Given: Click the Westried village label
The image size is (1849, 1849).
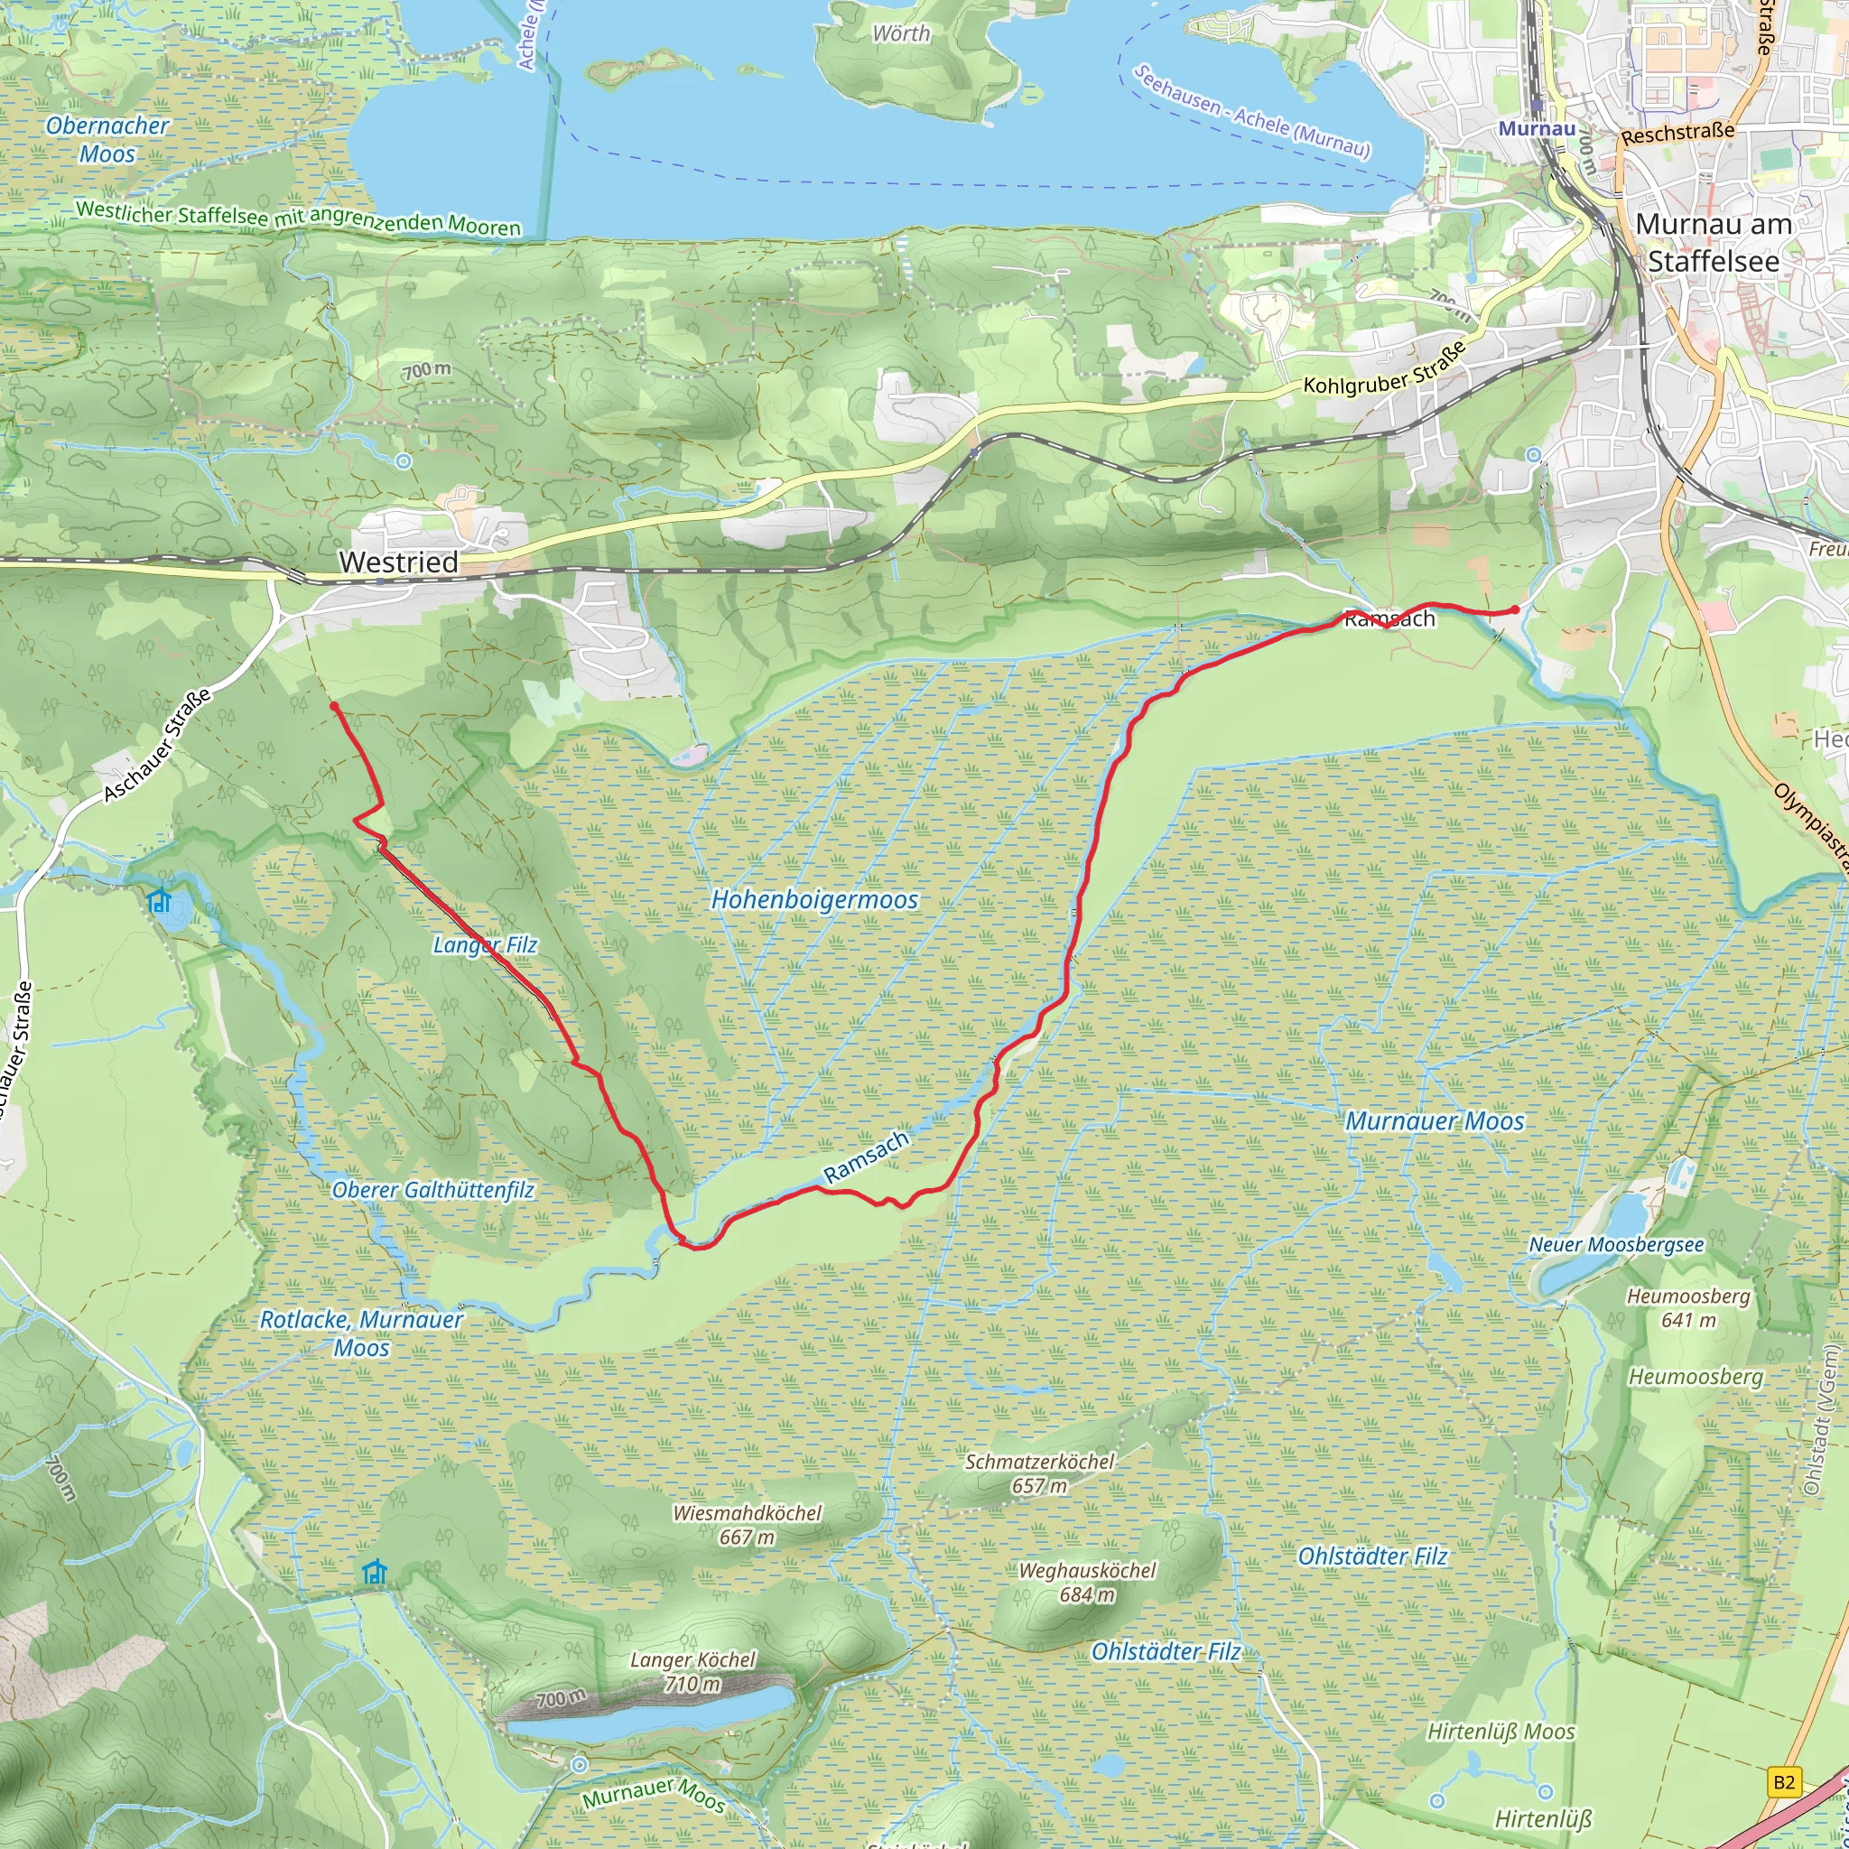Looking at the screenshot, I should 399,562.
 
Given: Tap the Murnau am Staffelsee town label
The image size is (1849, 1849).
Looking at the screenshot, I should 1713,242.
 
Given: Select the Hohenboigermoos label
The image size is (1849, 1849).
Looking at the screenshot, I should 814,899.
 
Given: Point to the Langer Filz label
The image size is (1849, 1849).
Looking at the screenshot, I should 485,945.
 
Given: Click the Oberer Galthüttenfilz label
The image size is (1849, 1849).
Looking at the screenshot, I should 432,1191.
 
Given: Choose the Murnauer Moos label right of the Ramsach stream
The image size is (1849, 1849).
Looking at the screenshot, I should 1435,1120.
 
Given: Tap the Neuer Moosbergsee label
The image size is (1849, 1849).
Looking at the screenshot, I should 1616,1245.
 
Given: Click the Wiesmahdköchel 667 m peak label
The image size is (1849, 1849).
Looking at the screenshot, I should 748,1525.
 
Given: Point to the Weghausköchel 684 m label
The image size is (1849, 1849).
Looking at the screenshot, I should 1087,1582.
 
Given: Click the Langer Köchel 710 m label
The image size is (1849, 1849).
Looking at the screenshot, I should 692,1672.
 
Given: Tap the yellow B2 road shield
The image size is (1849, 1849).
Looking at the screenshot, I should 1784,1783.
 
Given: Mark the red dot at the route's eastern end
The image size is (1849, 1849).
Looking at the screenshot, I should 1515,609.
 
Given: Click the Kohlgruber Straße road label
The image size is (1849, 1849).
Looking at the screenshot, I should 1385,367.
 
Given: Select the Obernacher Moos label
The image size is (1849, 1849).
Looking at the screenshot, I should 107,140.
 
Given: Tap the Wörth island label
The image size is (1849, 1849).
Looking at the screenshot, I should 900,33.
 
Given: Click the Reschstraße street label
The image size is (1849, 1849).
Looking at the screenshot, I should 1677,133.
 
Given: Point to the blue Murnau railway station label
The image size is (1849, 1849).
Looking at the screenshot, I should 1537,128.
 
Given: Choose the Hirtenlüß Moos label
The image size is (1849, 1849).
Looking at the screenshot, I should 1501,1732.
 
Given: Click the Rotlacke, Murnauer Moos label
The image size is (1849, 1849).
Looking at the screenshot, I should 362,1333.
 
